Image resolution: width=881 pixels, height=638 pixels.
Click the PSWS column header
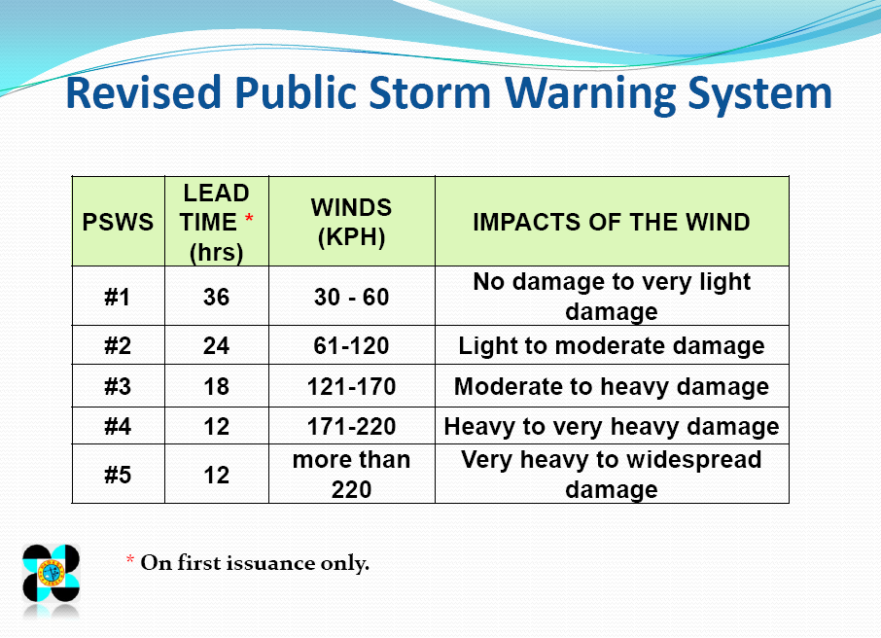coord(118,222)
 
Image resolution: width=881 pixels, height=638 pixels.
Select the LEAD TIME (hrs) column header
coord(216,222)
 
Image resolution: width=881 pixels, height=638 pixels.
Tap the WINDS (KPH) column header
coord(351,222)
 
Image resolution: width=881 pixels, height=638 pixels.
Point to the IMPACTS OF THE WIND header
coord(611,222)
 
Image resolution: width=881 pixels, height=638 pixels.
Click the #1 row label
coord(118,297)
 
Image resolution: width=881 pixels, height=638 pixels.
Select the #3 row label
coord(118,386)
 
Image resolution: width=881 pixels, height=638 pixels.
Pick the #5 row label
coord(118,475)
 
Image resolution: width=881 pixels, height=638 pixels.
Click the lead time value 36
coord(216,297)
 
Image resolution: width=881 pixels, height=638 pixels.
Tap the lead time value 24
coord(216,346)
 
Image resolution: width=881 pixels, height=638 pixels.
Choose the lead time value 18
coord(216,386)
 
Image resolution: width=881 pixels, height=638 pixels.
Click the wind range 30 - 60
coord(351,297)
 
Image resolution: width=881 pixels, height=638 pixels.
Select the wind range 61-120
coord(351,346)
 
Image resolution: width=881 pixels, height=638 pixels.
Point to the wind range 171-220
coord(351,426)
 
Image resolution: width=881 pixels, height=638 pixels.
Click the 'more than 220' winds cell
coord(351,475)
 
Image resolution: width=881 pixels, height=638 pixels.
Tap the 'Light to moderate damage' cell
coord(611,346)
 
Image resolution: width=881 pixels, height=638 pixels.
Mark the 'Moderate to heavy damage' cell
coord(611,386)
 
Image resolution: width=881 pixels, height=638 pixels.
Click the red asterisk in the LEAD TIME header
coord(249,220)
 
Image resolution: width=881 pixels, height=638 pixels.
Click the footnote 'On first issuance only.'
coord(255,563)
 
